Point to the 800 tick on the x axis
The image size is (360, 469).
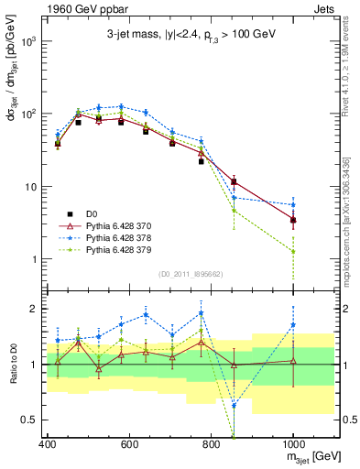pos(211,444)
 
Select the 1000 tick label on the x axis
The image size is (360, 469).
pos(293,444)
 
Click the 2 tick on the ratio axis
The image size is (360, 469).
pos(34,309)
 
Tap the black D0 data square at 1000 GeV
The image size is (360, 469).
pos(293,220)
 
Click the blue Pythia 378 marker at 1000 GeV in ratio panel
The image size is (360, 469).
pos(293,324)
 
